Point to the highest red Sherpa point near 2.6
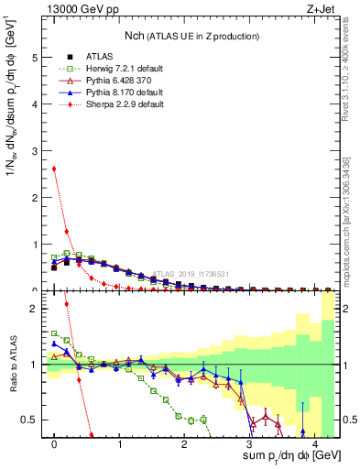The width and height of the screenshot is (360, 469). [54, 168]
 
